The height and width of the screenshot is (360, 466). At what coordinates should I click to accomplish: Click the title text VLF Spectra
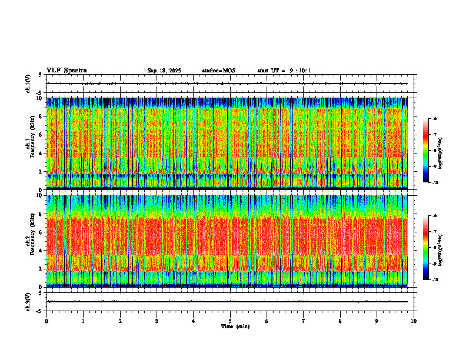(x=66, y=71)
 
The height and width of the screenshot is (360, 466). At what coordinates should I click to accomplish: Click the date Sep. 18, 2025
(x=164, y=71)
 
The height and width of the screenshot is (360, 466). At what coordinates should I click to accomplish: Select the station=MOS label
(x=218, y=71)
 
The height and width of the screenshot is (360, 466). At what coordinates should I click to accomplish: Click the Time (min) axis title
(x=235, y=326)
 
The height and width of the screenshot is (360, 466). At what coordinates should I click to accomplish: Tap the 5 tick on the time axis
(x=230, y=321)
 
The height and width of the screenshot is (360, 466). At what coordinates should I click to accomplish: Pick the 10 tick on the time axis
(x=414, y=321)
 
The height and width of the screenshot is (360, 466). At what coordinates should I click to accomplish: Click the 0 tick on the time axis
(x=46, y=321)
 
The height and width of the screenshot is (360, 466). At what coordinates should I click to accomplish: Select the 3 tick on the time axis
(x=157, y=321)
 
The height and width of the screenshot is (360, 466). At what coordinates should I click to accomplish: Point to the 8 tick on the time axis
(x=340, y=321)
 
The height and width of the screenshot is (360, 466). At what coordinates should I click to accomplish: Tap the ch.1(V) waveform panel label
(x=28, y=84)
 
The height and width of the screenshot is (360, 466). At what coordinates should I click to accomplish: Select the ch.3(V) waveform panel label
(x=28, y=301)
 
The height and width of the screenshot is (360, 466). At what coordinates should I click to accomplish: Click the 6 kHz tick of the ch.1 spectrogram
(x=40, y=135)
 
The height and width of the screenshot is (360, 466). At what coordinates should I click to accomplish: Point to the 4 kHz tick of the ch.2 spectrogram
(x=40, y=250)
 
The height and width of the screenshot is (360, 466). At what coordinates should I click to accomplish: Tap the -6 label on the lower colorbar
(x=434, y=216)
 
